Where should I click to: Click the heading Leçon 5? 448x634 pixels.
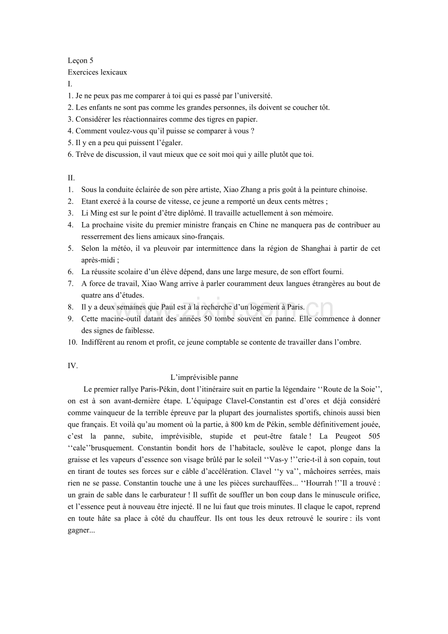pos(80,61)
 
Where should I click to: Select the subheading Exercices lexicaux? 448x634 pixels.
pos(97,73)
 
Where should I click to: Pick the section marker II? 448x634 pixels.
pos(71,178)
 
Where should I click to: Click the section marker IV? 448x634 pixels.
pos(73,366)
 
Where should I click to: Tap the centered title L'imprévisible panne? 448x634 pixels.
pos(204,377)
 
